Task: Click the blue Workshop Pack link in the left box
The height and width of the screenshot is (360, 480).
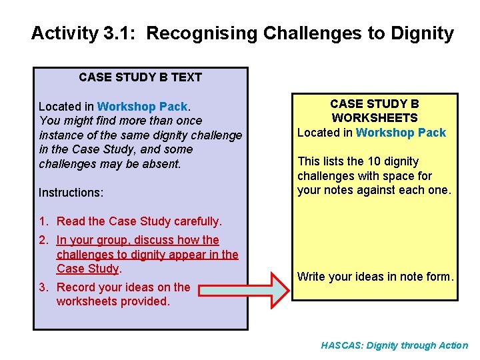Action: point(143,107)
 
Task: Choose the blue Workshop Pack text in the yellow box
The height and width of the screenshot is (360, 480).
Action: point(401,133)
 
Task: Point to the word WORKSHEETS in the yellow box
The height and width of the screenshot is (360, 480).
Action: point(375,118)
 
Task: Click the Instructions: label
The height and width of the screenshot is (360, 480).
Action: point(71,193)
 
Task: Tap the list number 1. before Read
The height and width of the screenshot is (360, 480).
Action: point(43,221)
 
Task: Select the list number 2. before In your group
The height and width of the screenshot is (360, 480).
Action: point(43,240)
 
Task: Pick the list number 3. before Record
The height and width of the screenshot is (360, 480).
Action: point(43,287)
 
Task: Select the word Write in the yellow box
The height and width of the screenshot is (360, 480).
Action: point(311,276)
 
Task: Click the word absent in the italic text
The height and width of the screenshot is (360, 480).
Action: point(162,164)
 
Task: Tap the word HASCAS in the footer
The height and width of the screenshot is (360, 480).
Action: point(342,345)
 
